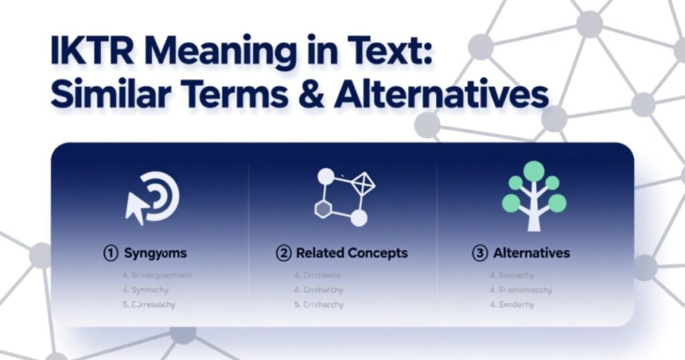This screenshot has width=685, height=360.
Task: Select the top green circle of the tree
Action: pos(533,171)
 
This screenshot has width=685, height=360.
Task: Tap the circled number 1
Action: pos(110,254)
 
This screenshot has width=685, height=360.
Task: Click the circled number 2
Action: pos(284,254)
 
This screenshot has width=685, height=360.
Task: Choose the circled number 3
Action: pos(480,254)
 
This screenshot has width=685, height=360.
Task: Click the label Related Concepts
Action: pos(351,254)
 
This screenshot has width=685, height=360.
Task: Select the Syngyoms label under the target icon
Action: pos(155,254)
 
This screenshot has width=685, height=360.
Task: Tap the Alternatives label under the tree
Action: pos(531,254)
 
